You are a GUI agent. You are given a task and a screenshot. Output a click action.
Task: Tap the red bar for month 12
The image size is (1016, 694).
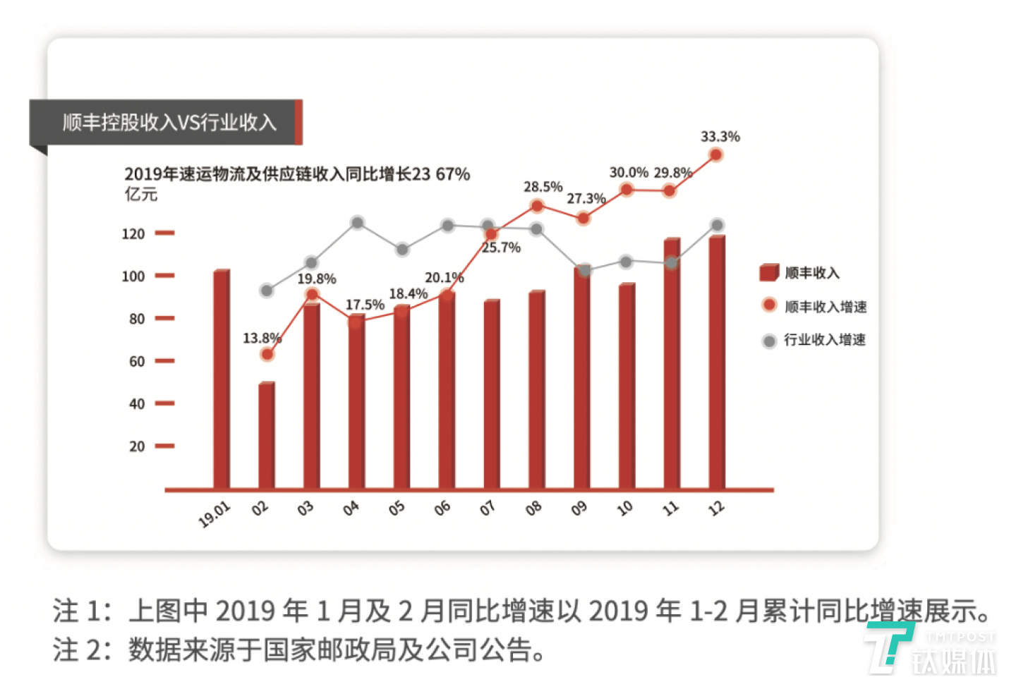[x=717, y=363]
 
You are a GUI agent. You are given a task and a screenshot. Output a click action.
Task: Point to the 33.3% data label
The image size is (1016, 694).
[x=720, y=137]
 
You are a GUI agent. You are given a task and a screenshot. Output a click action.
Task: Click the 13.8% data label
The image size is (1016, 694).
[x=262, y=339]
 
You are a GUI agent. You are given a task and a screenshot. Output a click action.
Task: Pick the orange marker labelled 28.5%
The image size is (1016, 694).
[x=537, y=206]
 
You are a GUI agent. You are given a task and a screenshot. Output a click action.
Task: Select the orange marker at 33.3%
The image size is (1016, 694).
[x=716, y=155]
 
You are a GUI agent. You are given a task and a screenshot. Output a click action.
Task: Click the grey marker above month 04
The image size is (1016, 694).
[x=357, y=223]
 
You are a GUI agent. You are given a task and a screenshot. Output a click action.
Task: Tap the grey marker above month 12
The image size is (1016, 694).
[x=717, y=225]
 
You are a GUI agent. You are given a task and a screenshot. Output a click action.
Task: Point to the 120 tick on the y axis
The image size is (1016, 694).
[x=133, y=234]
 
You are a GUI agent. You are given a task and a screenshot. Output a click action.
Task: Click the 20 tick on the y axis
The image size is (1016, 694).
[x=137, y=446]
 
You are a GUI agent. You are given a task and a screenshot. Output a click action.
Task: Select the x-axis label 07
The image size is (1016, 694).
[x=487, y=509]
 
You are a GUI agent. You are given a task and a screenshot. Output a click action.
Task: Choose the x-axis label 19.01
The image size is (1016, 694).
[x=214, y=515]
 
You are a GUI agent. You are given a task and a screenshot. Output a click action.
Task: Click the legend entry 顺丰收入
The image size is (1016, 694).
[x=811, y=273]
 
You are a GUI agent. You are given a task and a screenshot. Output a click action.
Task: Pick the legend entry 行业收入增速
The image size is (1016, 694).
[x=824, y=340]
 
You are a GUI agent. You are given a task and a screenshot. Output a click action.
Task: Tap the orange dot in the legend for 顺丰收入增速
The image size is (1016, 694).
[x=769, y=305]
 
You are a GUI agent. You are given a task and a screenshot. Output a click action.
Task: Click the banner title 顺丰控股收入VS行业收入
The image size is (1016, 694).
[x=169, y=123]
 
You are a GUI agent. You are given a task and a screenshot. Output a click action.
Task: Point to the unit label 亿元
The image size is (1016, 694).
[x=141, y=194]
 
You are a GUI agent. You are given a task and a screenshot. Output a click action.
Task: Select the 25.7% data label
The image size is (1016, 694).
[x=501, y=248]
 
